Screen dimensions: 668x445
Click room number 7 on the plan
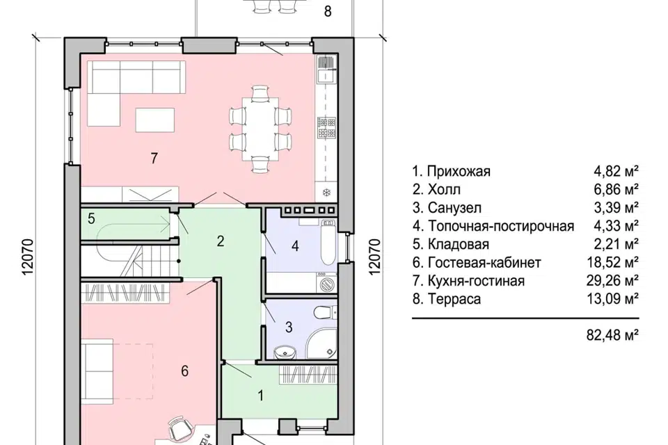click(x=154, y=158)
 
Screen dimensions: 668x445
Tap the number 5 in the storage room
click(x=91, y=219)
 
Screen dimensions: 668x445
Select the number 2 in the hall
click(x=221, y=241)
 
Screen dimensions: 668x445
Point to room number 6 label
click(x=184, y=371)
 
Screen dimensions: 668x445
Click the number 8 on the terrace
click(x=328, y=11)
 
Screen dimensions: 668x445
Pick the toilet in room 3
click(x=326, y=313)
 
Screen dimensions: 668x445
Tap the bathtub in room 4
click(x=328, y=242)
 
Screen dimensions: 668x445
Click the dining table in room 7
click(x=260, y=129)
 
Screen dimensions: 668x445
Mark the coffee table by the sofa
click(x=155, y=120)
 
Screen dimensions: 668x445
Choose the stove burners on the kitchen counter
click(x=327, y=128)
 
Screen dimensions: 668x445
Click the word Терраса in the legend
click(x=454, y=299)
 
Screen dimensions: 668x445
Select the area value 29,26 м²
click(x=612, y=281)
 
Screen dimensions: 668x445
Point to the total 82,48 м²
click(x=612, y=335)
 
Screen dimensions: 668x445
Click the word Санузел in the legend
click(x=454, y=208)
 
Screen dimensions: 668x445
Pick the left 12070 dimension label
click(x=27, y=257)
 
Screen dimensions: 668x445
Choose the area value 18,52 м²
click(x=612, y=262)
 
